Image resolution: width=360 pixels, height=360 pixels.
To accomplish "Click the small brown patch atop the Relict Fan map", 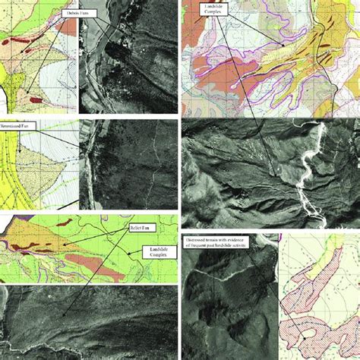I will [64, 223].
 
